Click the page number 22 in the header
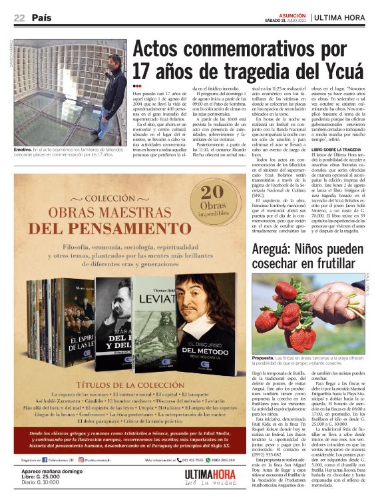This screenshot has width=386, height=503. pyautogui.click(x=19, y=17)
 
